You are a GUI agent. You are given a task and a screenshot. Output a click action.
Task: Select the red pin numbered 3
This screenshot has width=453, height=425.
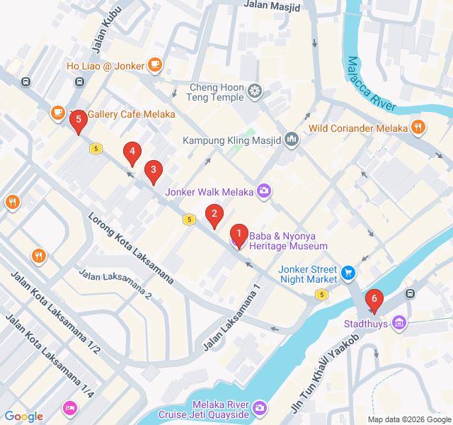(153, 171)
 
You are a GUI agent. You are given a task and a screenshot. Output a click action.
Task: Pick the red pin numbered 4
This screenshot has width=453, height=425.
(131, 152)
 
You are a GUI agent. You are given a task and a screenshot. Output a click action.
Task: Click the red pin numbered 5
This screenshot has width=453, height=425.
(79, 121)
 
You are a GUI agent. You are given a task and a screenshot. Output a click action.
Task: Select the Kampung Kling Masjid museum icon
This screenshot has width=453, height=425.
(292, 140)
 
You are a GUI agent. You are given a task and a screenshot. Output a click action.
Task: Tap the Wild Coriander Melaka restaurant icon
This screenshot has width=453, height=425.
(418, 128)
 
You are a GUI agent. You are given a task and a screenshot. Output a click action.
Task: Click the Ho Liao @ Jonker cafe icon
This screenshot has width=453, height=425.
(155, 66)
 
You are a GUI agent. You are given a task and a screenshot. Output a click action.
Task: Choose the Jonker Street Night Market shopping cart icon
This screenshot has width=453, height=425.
(348, 273)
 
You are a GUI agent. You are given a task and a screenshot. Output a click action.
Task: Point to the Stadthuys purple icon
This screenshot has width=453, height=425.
(401, 323)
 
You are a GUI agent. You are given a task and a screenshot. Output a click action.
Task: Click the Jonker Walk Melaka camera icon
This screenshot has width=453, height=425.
(264, 191)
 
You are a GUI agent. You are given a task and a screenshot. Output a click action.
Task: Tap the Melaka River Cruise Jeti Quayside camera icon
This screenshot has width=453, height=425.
(260, 407)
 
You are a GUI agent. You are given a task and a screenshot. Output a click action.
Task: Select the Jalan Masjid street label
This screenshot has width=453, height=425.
(271, 6)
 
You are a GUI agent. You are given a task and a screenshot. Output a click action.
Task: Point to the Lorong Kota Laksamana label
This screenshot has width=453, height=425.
(131, 247)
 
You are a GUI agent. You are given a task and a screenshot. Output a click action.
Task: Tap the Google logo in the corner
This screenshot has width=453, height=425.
(24, 416)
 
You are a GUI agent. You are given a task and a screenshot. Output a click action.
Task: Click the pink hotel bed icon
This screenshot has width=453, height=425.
(69, 407)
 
